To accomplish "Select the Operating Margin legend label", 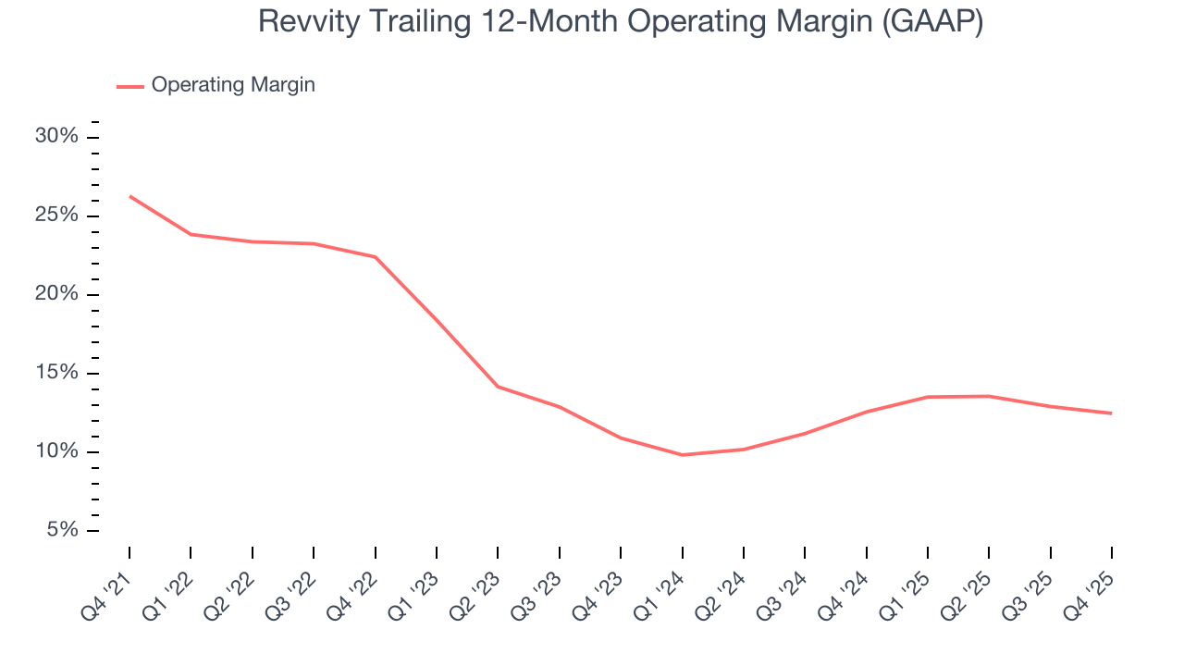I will tap(233, 85).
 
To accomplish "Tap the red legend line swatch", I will tap(129, 86).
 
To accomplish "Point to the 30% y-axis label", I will tap(56, 137).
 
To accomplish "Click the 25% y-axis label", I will tap(56, 216).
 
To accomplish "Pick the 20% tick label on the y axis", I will tap(56, 294).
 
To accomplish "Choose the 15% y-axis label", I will tap(56, 374).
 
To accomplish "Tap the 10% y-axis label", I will tap(56, 452).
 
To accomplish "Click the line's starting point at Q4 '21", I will tap(129, 196).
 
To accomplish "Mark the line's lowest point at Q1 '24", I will tap(682, 455).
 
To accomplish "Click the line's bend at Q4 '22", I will tap(375, 257).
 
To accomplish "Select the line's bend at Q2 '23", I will tap(498, 387).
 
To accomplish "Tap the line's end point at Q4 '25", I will tap(1111, 413).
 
